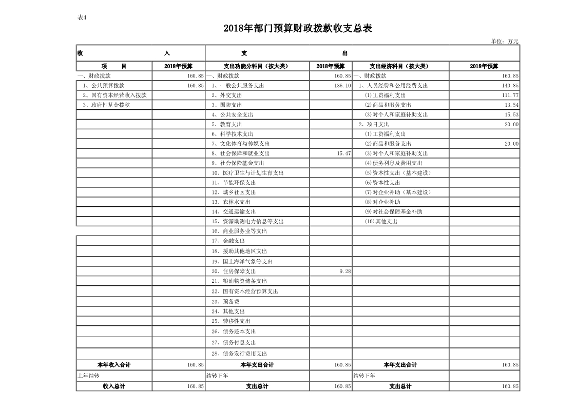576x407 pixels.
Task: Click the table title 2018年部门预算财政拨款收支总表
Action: point(298,29)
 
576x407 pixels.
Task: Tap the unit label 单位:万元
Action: point(505,41)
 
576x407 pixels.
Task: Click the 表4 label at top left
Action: point(82,17)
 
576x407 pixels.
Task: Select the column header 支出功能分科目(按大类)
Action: point(257,66)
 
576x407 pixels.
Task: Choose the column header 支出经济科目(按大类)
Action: point(400,66)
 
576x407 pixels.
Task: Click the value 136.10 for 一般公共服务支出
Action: point(342,86)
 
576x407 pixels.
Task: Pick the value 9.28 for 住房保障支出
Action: point(345,271)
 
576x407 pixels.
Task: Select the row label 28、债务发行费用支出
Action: point(239,354)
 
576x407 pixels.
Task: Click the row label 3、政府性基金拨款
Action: point(106,105)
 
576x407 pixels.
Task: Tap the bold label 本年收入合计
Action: point(114,365)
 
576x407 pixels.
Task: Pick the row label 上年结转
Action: point(88,376)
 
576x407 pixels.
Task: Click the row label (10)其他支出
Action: point(381,222)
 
